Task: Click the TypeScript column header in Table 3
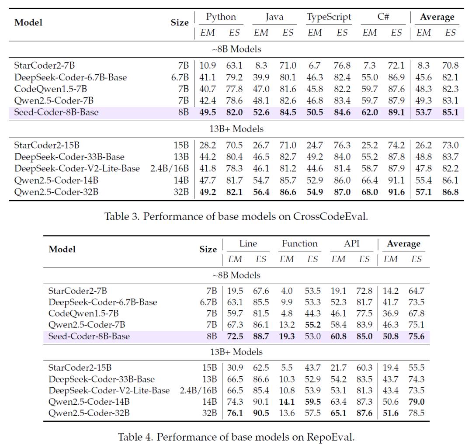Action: pos(329,17)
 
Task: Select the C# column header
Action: pos(383,17)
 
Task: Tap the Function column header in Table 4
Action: pos(299,243)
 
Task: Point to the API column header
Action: pos(351,243)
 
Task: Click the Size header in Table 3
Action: pos(180,23)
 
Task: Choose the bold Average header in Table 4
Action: pos(403,243)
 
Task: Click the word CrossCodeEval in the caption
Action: pos(330,216)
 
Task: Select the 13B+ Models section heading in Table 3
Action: pos(236,129)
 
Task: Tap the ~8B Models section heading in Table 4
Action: pos(236,275)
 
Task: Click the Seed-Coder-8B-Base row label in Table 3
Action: pos(56,112)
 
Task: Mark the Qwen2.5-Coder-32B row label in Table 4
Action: pos(89,413)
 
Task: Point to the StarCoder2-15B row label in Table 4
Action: pos(80,368)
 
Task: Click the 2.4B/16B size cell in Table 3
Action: pos(170,168)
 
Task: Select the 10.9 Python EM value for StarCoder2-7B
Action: pos(208,65)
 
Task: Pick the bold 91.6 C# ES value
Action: pos(396,192)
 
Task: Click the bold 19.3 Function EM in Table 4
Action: pos(287,336)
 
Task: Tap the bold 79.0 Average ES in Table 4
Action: pos(416,402)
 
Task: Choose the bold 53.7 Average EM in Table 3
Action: pos(423,112)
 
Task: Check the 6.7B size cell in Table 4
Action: pos(208,302)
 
